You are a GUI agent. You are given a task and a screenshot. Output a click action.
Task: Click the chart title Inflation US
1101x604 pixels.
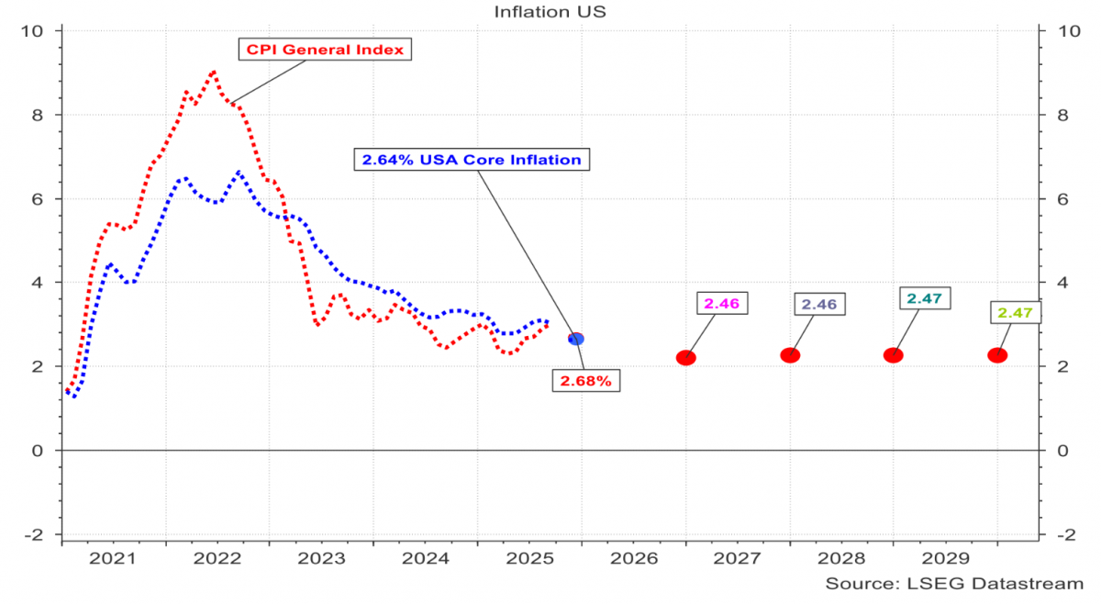pos(550,12)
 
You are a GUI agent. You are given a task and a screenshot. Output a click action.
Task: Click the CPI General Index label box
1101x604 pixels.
pos(325,49)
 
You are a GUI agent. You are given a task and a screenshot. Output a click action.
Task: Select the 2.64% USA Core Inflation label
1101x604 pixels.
pos(472,160)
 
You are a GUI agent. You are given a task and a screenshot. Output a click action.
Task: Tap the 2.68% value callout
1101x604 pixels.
pos(585,381)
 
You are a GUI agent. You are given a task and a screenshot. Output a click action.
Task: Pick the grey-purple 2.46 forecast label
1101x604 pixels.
pos(820,304)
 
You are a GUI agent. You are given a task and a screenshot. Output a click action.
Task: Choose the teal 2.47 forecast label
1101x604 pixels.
pos(924,298)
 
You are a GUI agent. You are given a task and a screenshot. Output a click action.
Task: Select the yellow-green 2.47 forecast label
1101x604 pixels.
pos(1016,314)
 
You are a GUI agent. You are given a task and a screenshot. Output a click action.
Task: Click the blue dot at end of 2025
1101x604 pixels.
pos(576,339)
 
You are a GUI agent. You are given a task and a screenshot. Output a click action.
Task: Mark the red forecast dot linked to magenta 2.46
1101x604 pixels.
pos(685,357)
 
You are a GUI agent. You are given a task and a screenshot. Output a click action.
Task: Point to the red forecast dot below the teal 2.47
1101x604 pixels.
pos(893,355)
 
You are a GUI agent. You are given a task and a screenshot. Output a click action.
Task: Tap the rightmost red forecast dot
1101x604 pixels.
pos(997,355)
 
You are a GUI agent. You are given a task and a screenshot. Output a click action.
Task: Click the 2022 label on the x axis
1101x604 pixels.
pos(217,558)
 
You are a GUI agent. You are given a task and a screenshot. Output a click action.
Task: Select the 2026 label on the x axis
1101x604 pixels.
pos(633,558)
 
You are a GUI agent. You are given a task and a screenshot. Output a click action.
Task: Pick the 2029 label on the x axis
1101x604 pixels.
pos(945,558)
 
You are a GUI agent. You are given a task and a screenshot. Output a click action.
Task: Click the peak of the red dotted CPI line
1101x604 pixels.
pos(213,71)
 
